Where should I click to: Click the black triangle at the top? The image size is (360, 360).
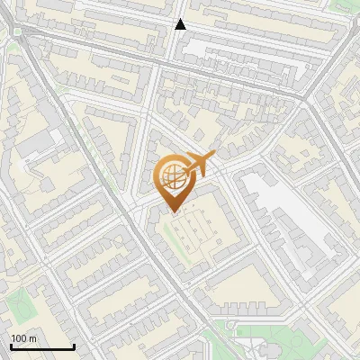(180, 24)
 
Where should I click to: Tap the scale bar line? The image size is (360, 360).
(41, 346)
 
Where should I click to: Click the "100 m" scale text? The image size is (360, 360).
(23, 338)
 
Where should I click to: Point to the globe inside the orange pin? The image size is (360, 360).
(171, 174)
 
